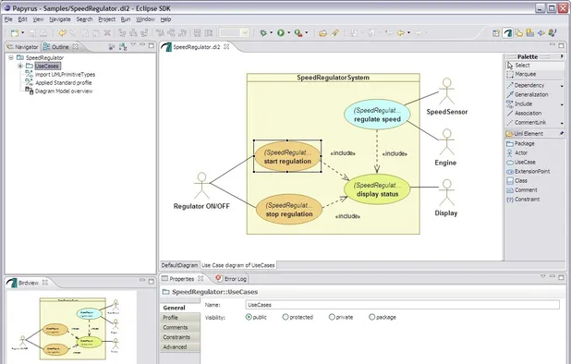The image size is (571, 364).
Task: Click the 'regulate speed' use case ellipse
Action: [377, 115]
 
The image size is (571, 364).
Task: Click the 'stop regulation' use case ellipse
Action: [287, 210]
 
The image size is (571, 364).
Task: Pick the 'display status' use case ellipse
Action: [377, 188]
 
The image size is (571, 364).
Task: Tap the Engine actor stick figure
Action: [447, 144]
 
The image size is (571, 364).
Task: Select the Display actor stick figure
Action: [446, 194]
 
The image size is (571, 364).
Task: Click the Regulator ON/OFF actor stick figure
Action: [201, 185]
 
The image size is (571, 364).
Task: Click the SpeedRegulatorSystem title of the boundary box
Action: [333, 78]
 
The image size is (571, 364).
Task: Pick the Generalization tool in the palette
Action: [530, 94]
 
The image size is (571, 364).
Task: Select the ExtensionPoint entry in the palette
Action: [532, 171]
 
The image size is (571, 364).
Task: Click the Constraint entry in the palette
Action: [528, 199]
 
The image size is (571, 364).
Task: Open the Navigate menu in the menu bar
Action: [59, 18]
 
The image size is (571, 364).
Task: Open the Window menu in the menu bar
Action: [145, 18]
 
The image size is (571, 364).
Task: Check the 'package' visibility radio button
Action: [372, 317]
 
